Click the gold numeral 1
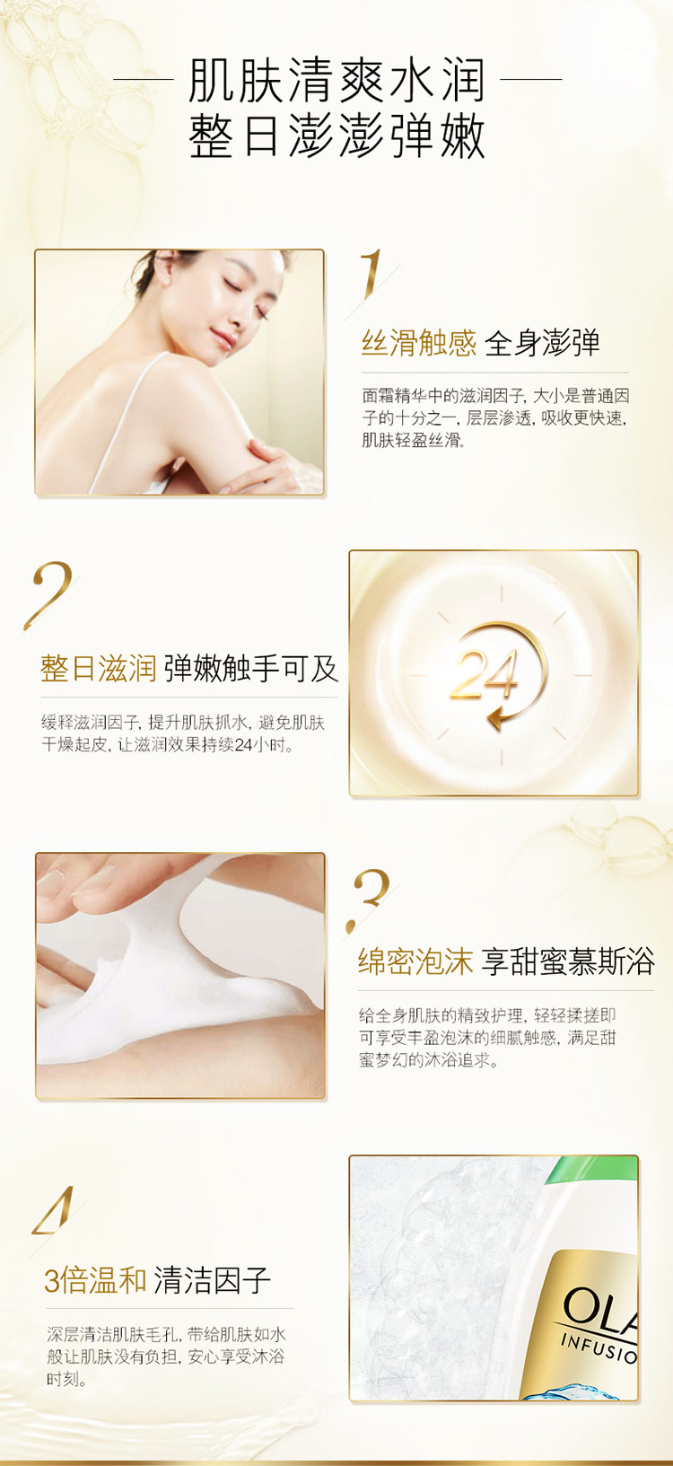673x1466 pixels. [371, 276]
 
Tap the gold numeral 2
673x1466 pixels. [49, 594]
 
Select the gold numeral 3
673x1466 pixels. [370, 898]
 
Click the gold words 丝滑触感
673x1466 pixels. [418, 343]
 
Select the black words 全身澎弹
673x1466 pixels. [541, 343]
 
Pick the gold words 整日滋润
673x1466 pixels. [98, 668]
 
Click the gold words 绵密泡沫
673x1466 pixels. [415, 961]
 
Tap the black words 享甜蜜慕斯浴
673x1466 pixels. [568, 961]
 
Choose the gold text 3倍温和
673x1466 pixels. [95, 1280]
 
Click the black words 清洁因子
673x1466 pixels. [212, 1280]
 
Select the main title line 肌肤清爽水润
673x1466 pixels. [337, 80]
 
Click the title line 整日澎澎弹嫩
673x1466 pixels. [337, 136]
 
